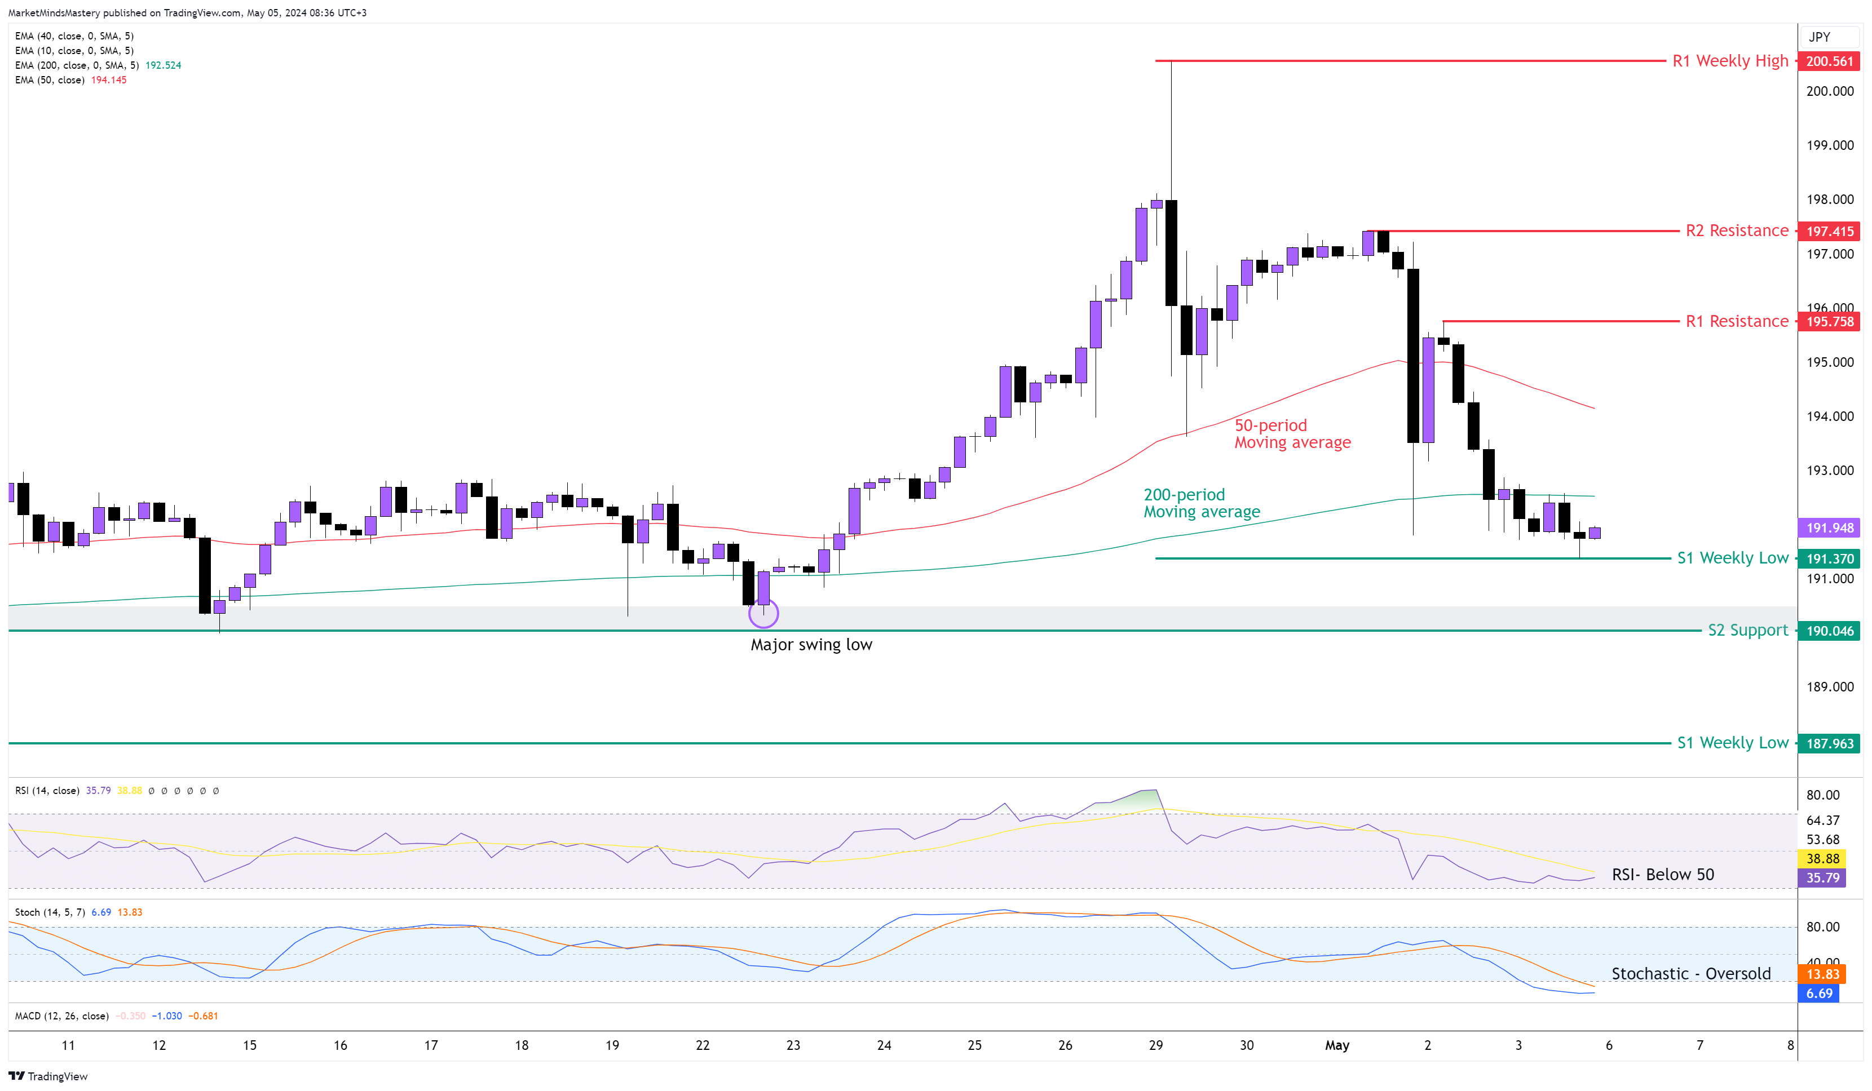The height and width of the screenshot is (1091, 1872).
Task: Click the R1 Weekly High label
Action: pos(1729,61)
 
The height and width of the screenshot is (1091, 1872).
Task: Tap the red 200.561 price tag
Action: pos(1829,61)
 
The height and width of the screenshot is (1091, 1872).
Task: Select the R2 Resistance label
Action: pos(1736,231)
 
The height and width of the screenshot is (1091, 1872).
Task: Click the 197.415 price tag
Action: pos(1829,232)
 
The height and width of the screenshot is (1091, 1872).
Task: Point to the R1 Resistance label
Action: pos(1736,322)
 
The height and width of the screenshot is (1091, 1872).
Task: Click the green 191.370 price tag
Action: pos(1829,558)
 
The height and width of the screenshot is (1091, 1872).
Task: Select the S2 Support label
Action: pos(1747,631)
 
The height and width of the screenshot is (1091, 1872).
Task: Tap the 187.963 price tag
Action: pos(1829,743)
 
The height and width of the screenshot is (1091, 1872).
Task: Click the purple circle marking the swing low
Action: pos(763,614)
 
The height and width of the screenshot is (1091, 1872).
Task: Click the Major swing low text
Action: pos(811,645)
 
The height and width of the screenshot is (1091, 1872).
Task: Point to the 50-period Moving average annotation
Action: pos(1292,434)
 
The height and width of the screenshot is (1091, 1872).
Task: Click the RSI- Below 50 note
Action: pos(1662,875)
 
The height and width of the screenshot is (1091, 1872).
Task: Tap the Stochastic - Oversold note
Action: pos(1691,974)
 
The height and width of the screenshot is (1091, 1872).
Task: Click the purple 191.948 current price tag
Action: pos(1829,528)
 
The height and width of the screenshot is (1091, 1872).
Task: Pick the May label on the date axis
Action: pos(1336,1046)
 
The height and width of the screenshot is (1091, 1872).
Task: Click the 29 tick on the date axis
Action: pos(1155,1046)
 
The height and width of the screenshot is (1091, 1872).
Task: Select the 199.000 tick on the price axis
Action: pos(1830,145)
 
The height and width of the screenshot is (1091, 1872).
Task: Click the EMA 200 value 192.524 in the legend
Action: pos(163,65)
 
